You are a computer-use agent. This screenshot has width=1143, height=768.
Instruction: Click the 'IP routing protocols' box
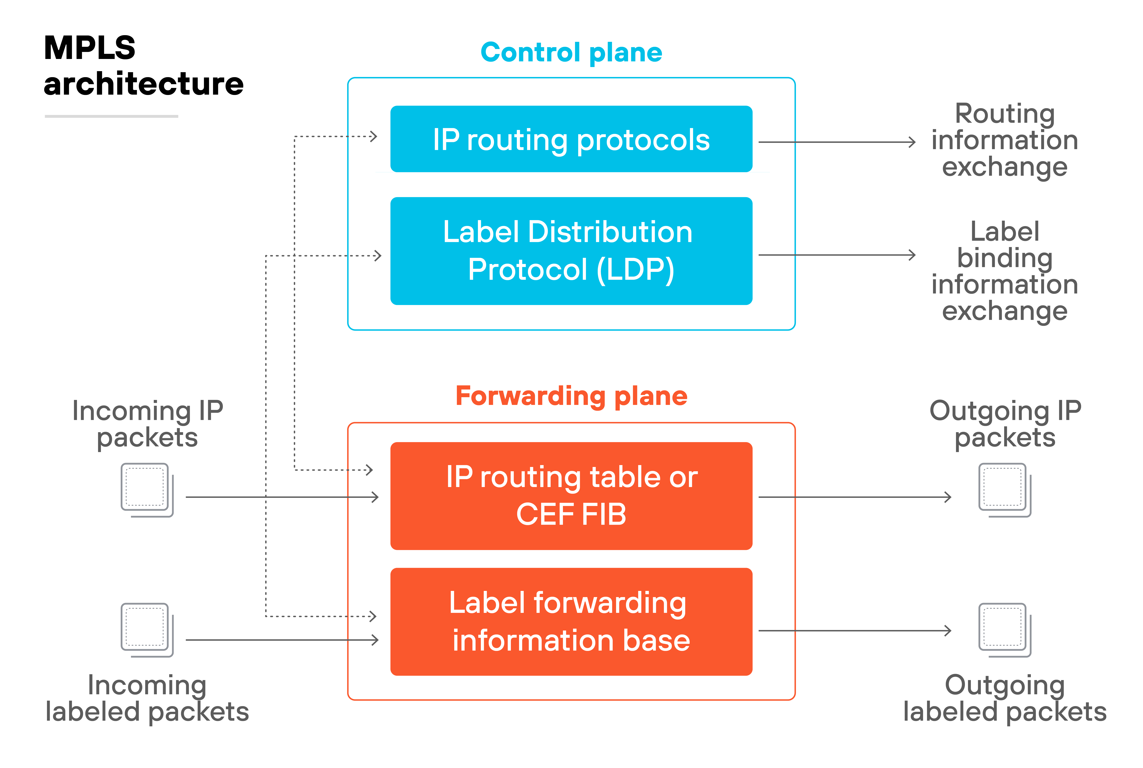click(x=571, y=139)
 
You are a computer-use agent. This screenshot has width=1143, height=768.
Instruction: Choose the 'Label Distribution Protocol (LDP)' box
click(x=571, y=251)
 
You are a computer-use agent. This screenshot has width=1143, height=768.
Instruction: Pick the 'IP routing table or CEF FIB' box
click(x=571, y=496)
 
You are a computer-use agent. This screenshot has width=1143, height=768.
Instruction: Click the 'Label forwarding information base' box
click(x=571, y=622)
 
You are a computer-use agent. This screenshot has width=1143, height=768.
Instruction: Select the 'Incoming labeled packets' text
click(x=147, y=698)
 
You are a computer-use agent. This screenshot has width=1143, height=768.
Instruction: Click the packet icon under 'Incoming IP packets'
click(x=147, y=490)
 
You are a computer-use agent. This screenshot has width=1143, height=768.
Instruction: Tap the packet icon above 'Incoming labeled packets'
click(x=147, y=630)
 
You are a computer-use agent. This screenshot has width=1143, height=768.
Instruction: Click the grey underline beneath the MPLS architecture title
click(x=111, y=116)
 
